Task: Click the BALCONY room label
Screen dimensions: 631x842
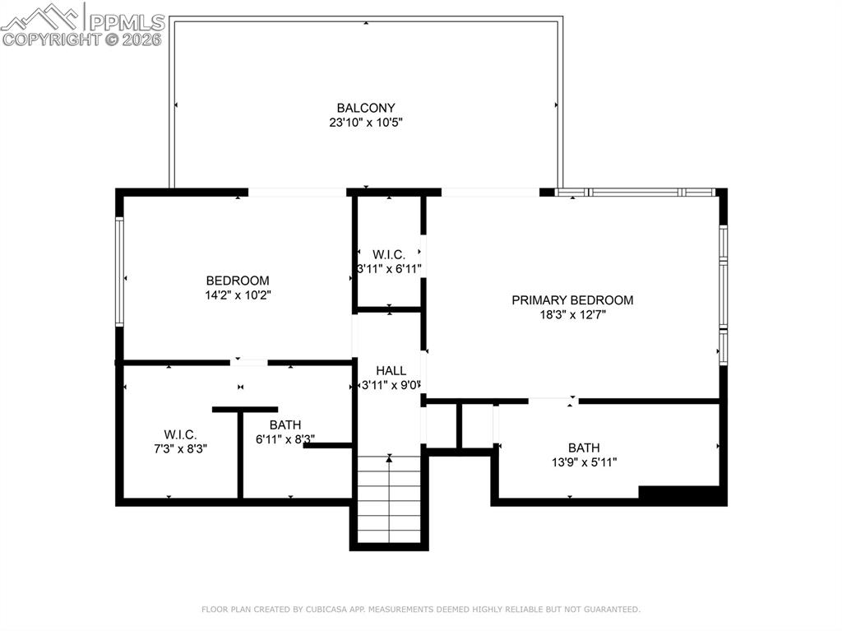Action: (x=366, y=108)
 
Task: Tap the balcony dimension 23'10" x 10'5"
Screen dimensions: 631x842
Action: (x=366, y=123)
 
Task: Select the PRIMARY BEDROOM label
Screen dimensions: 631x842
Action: (x=572, y=300)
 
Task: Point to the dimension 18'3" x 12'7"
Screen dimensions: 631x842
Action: (x=572, y=315)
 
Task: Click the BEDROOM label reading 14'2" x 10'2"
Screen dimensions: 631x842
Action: (x=238, y=281)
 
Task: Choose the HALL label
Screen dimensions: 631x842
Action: (x=391, y=370)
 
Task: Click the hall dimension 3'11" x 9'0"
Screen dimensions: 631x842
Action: (x=391, y=385)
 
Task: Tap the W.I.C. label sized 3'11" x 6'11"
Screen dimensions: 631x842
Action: (x=388, y=254)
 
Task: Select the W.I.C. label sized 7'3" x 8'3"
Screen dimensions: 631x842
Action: (x=180, y=434)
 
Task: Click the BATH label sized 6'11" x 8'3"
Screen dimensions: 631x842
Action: (x=285, y=425)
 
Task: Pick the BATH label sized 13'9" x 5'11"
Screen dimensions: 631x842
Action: (x=584, y=448)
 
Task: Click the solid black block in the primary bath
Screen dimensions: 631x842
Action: (x=682, y=494)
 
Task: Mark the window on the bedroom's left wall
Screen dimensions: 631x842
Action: (x=120, y=271)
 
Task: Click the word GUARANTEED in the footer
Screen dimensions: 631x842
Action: (x=608, y=610)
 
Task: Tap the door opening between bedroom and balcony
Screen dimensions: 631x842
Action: (x=297, y=193)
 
